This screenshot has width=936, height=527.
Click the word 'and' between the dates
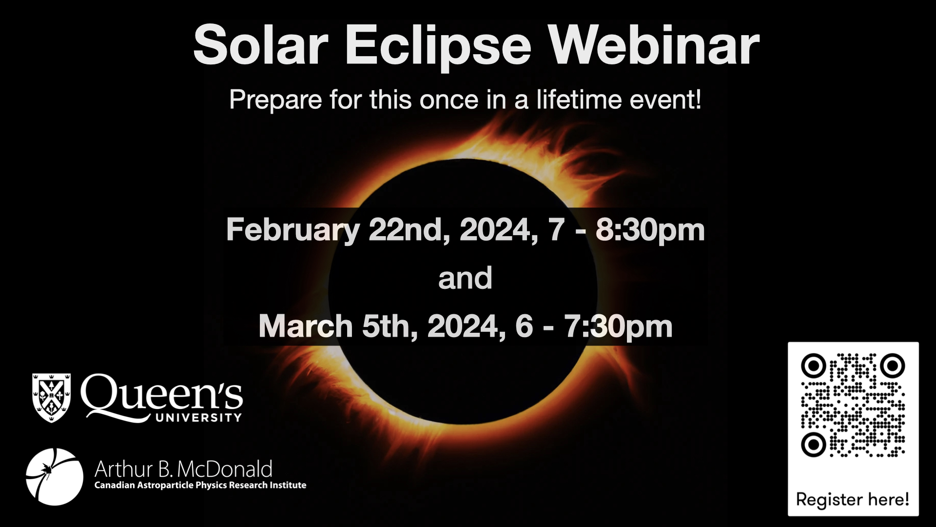[465, 278]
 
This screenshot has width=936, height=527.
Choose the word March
[306, 326]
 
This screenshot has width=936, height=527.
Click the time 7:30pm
[618, 326]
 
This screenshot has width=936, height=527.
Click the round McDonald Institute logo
[55, 477]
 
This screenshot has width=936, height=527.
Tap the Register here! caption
[853, 499]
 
